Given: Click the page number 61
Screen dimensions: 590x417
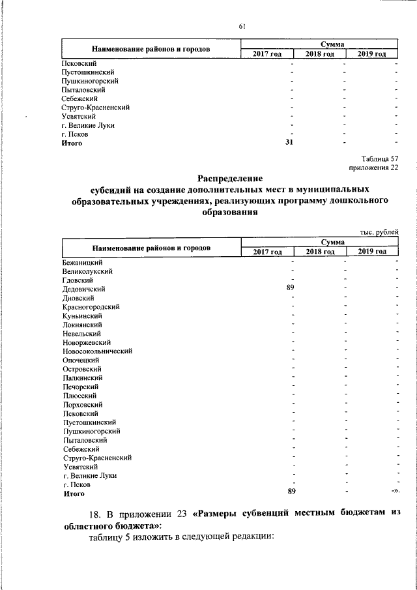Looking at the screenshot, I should click(242, 26).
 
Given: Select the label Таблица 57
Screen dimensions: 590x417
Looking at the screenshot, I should click(379, 158).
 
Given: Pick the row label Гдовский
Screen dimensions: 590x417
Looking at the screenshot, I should click(78, 280).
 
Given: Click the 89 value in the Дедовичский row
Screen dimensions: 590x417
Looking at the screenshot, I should click(291, 288).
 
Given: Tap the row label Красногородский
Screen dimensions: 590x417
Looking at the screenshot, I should click(91, 306).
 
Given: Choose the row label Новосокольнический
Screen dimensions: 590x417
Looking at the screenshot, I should click(97, 351).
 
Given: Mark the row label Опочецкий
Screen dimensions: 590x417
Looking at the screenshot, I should click(81, 360).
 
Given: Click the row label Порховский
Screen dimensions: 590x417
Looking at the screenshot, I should click(82, 404).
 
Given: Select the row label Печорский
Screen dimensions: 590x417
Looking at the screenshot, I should click(80, 387).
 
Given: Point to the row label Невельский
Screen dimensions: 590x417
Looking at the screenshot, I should click(81, 333).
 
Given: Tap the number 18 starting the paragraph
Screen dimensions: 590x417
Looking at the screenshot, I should click(95, 513).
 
